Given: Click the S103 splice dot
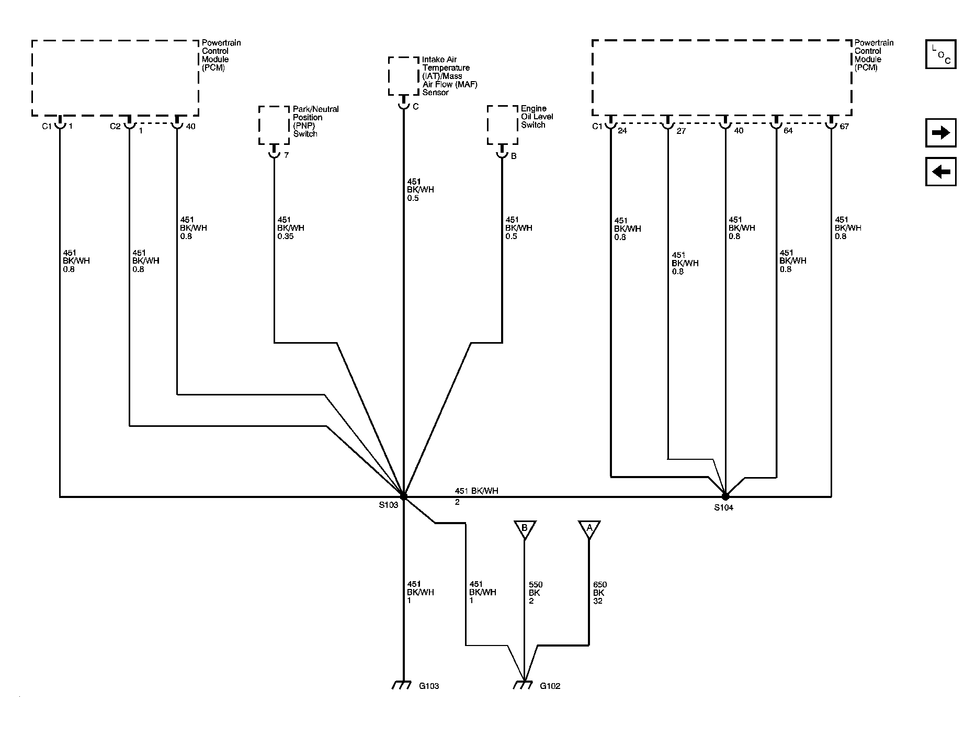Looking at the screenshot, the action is pos(403,495).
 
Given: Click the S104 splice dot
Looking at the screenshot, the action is pos(725,495).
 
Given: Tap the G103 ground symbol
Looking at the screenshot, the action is pos(402,685).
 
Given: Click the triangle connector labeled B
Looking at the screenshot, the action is pos(525,529).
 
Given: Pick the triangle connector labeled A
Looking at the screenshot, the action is pos(589,529).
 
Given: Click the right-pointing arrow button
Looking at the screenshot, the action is pos(940,133).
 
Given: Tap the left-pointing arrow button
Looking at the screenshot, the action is pos(940,172).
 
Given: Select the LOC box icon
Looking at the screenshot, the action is pos(940,54).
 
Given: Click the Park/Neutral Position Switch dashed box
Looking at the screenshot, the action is pos(274,125).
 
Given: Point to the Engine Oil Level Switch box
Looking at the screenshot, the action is pos(503,125).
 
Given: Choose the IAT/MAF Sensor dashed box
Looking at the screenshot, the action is pos(404,76).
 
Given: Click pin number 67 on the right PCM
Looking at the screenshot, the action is pos(844,127).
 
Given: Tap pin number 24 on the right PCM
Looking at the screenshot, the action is pos(622,130).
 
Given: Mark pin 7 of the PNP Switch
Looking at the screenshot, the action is pos(286,155).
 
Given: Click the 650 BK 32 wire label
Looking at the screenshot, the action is pos(599,593).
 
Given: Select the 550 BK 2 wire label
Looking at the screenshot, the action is pos(535,593).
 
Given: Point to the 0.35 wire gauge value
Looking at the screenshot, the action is pos(286,236).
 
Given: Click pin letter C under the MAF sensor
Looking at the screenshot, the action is pos(415,107).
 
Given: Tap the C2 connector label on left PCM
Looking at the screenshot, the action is pos(115,127).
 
